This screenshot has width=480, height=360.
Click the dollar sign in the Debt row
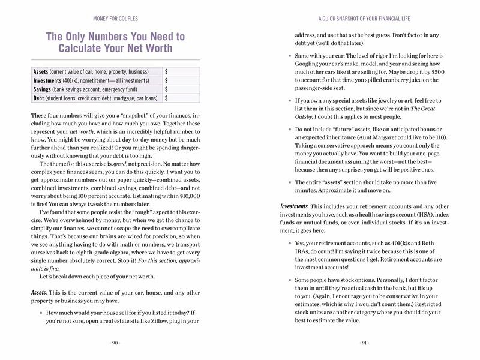pos(166,97)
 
